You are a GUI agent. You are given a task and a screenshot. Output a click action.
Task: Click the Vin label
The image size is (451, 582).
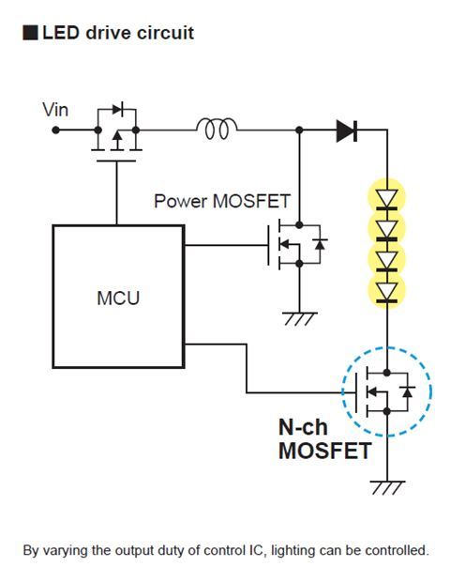click(x=55, y=110)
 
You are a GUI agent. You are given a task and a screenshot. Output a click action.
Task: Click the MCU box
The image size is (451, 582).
click(x=118, y=297)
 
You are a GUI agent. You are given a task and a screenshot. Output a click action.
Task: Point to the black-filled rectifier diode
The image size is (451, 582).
click(x=347, y=130)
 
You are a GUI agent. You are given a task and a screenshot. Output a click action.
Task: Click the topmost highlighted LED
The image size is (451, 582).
click(x=385, y=197)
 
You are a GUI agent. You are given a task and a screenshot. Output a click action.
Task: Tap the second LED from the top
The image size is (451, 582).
click(x=385, y=228)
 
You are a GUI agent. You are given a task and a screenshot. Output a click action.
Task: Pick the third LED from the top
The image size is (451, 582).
click(x=385, y=258)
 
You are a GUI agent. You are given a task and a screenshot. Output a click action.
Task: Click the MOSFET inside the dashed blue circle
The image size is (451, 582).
click(x=384, y=391)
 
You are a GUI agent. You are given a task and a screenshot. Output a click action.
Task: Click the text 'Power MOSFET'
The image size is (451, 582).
click(x=222, y=201)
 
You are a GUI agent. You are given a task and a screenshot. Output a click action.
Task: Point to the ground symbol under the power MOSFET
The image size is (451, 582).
click(x=299, y=318)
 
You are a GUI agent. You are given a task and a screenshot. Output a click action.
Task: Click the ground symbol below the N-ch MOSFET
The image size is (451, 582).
click(x=385, y=487)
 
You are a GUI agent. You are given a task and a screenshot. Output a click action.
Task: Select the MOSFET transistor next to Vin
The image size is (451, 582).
click(x=116, y=136)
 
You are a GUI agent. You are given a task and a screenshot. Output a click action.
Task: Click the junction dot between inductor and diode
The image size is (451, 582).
click(x=299, y=130)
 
